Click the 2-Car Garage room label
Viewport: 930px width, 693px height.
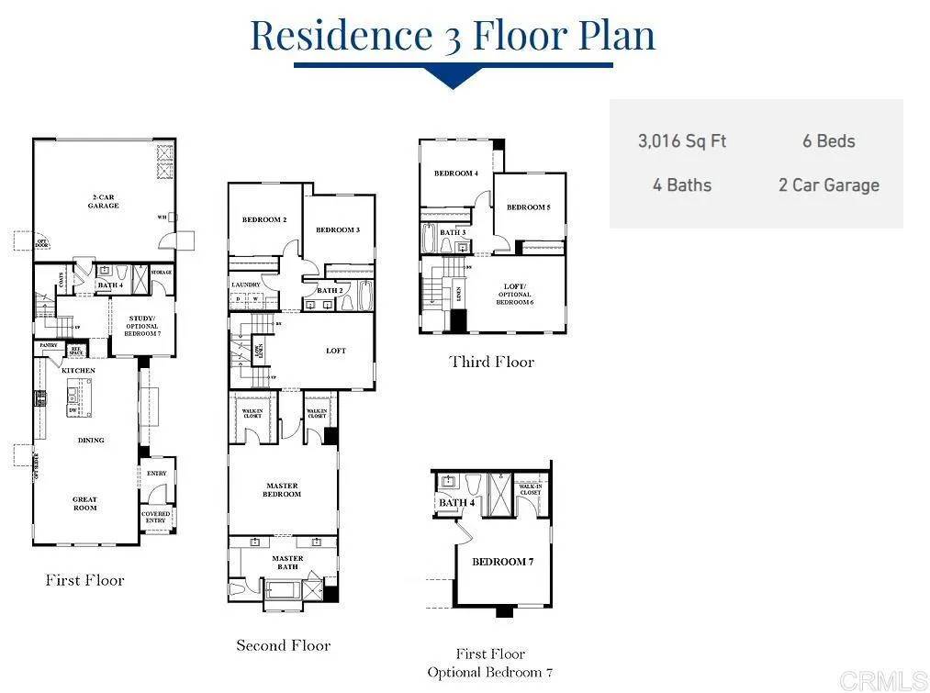(104, 203)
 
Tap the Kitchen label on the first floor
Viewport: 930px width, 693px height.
(78, 371)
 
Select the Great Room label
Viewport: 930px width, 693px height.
(85, 504)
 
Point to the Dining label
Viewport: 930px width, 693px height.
(90, 441)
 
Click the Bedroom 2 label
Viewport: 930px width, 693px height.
(264, 220)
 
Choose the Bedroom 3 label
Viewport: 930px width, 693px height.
(337, 229)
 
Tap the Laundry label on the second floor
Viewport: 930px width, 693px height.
(246, 285)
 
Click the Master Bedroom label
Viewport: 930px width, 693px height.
(282, 490)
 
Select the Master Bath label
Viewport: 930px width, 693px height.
(287, 563)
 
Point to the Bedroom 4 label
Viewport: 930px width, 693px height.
(456, 173)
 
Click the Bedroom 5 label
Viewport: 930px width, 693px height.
(528, 207)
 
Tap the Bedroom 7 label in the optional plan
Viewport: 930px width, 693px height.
(502, 562)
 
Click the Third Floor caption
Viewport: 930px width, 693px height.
(491, 362)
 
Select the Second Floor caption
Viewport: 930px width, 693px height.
(283, 645)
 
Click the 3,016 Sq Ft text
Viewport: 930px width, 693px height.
(682, 141)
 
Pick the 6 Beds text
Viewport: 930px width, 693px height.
(828, 141)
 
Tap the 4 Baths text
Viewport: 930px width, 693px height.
(682, 185)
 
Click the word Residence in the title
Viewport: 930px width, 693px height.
(341, 35)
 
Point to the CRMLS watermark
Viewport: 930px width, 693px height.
(883, 680)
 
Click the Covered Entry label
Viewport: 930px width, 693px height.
(156, 518)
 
